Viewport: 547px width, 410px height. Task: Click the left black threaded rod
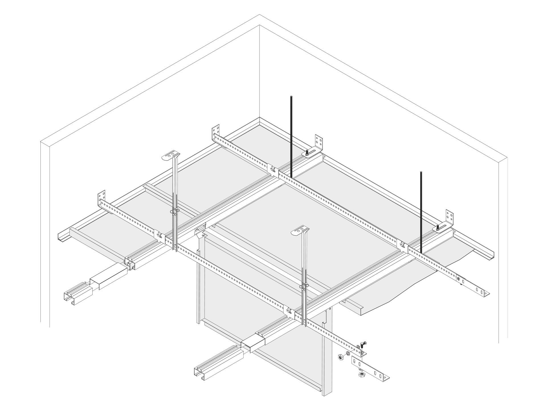pos(292,137)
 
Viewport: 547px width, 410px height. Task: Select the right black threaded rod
pos(421,211)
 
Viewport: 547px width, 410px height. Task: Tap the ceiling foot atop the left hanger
pos(172,156)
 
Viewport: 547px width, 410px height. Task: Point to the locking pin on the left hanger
pos(175,211)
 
